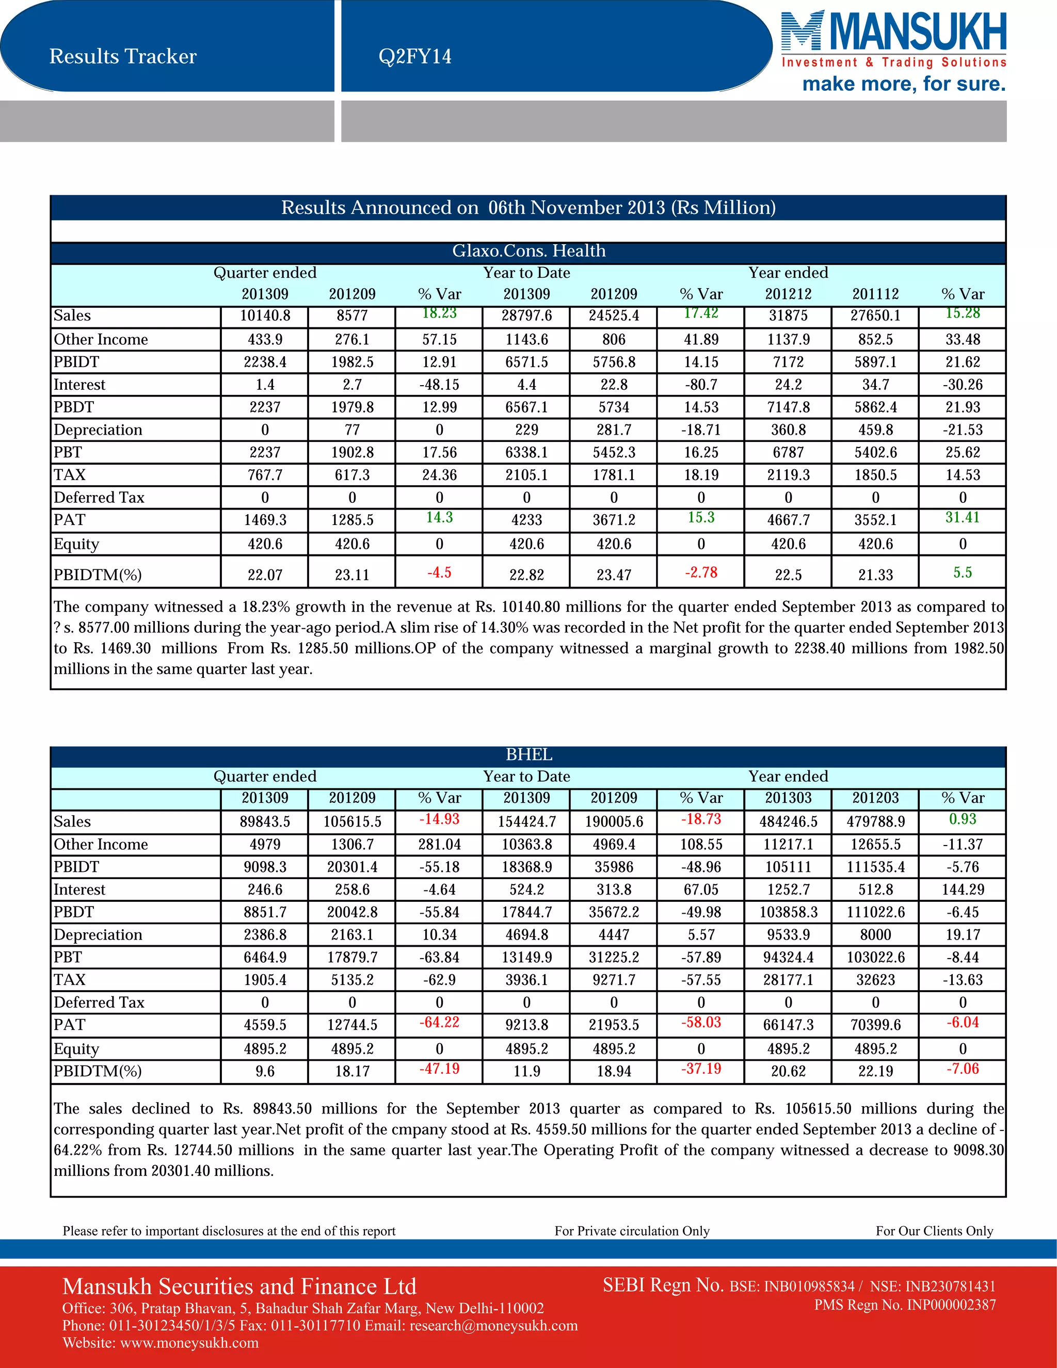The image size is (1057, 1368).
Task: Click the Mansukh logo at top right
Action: tap(893, 50)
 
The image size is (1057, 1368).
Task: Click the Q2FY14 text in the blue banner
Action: tap(414, 56)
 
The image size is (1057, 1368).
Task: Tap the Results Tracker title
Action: tap(123, 56)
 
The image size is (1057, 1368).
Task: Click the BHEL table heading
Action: tap(528, 755)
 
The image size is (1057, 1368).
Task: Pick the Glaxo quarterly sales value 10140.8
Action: tap(265, 316)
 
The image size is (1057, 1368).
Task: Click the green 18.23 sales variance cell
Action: tap(439, 313)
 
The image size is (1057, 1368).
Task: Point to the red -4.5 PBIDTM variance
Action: tap(439, 572)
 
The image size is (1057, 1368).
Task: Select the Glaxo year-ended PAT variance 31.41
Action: tap(963, 517)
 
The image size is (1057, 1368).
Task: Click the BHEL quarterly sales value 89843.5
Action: tap(265, 822)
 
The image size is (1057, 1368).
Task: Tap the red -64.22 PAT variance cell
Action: tap(439, 1022)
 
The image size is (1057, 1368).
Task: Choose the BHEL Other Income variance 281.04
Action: tap(439, 845)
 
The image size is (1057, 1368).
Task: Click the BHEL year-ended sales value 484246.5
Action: tap(789, 822)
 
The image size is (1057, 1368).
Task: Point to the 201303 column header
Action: tap(789, 798)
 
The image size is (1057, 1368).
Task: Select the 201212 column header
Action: tap(789, 294)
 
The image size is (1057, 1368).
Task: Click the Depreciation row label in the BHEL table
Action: tap(98, 934)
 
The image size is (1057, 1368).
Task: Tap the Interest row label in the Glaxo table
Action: tap(79, 385)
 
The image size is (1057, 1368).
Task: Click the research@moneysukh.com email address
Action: tap(493, 1325)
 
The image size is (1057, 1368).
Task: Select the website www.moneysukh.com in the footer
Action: tap(189, 1343)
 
